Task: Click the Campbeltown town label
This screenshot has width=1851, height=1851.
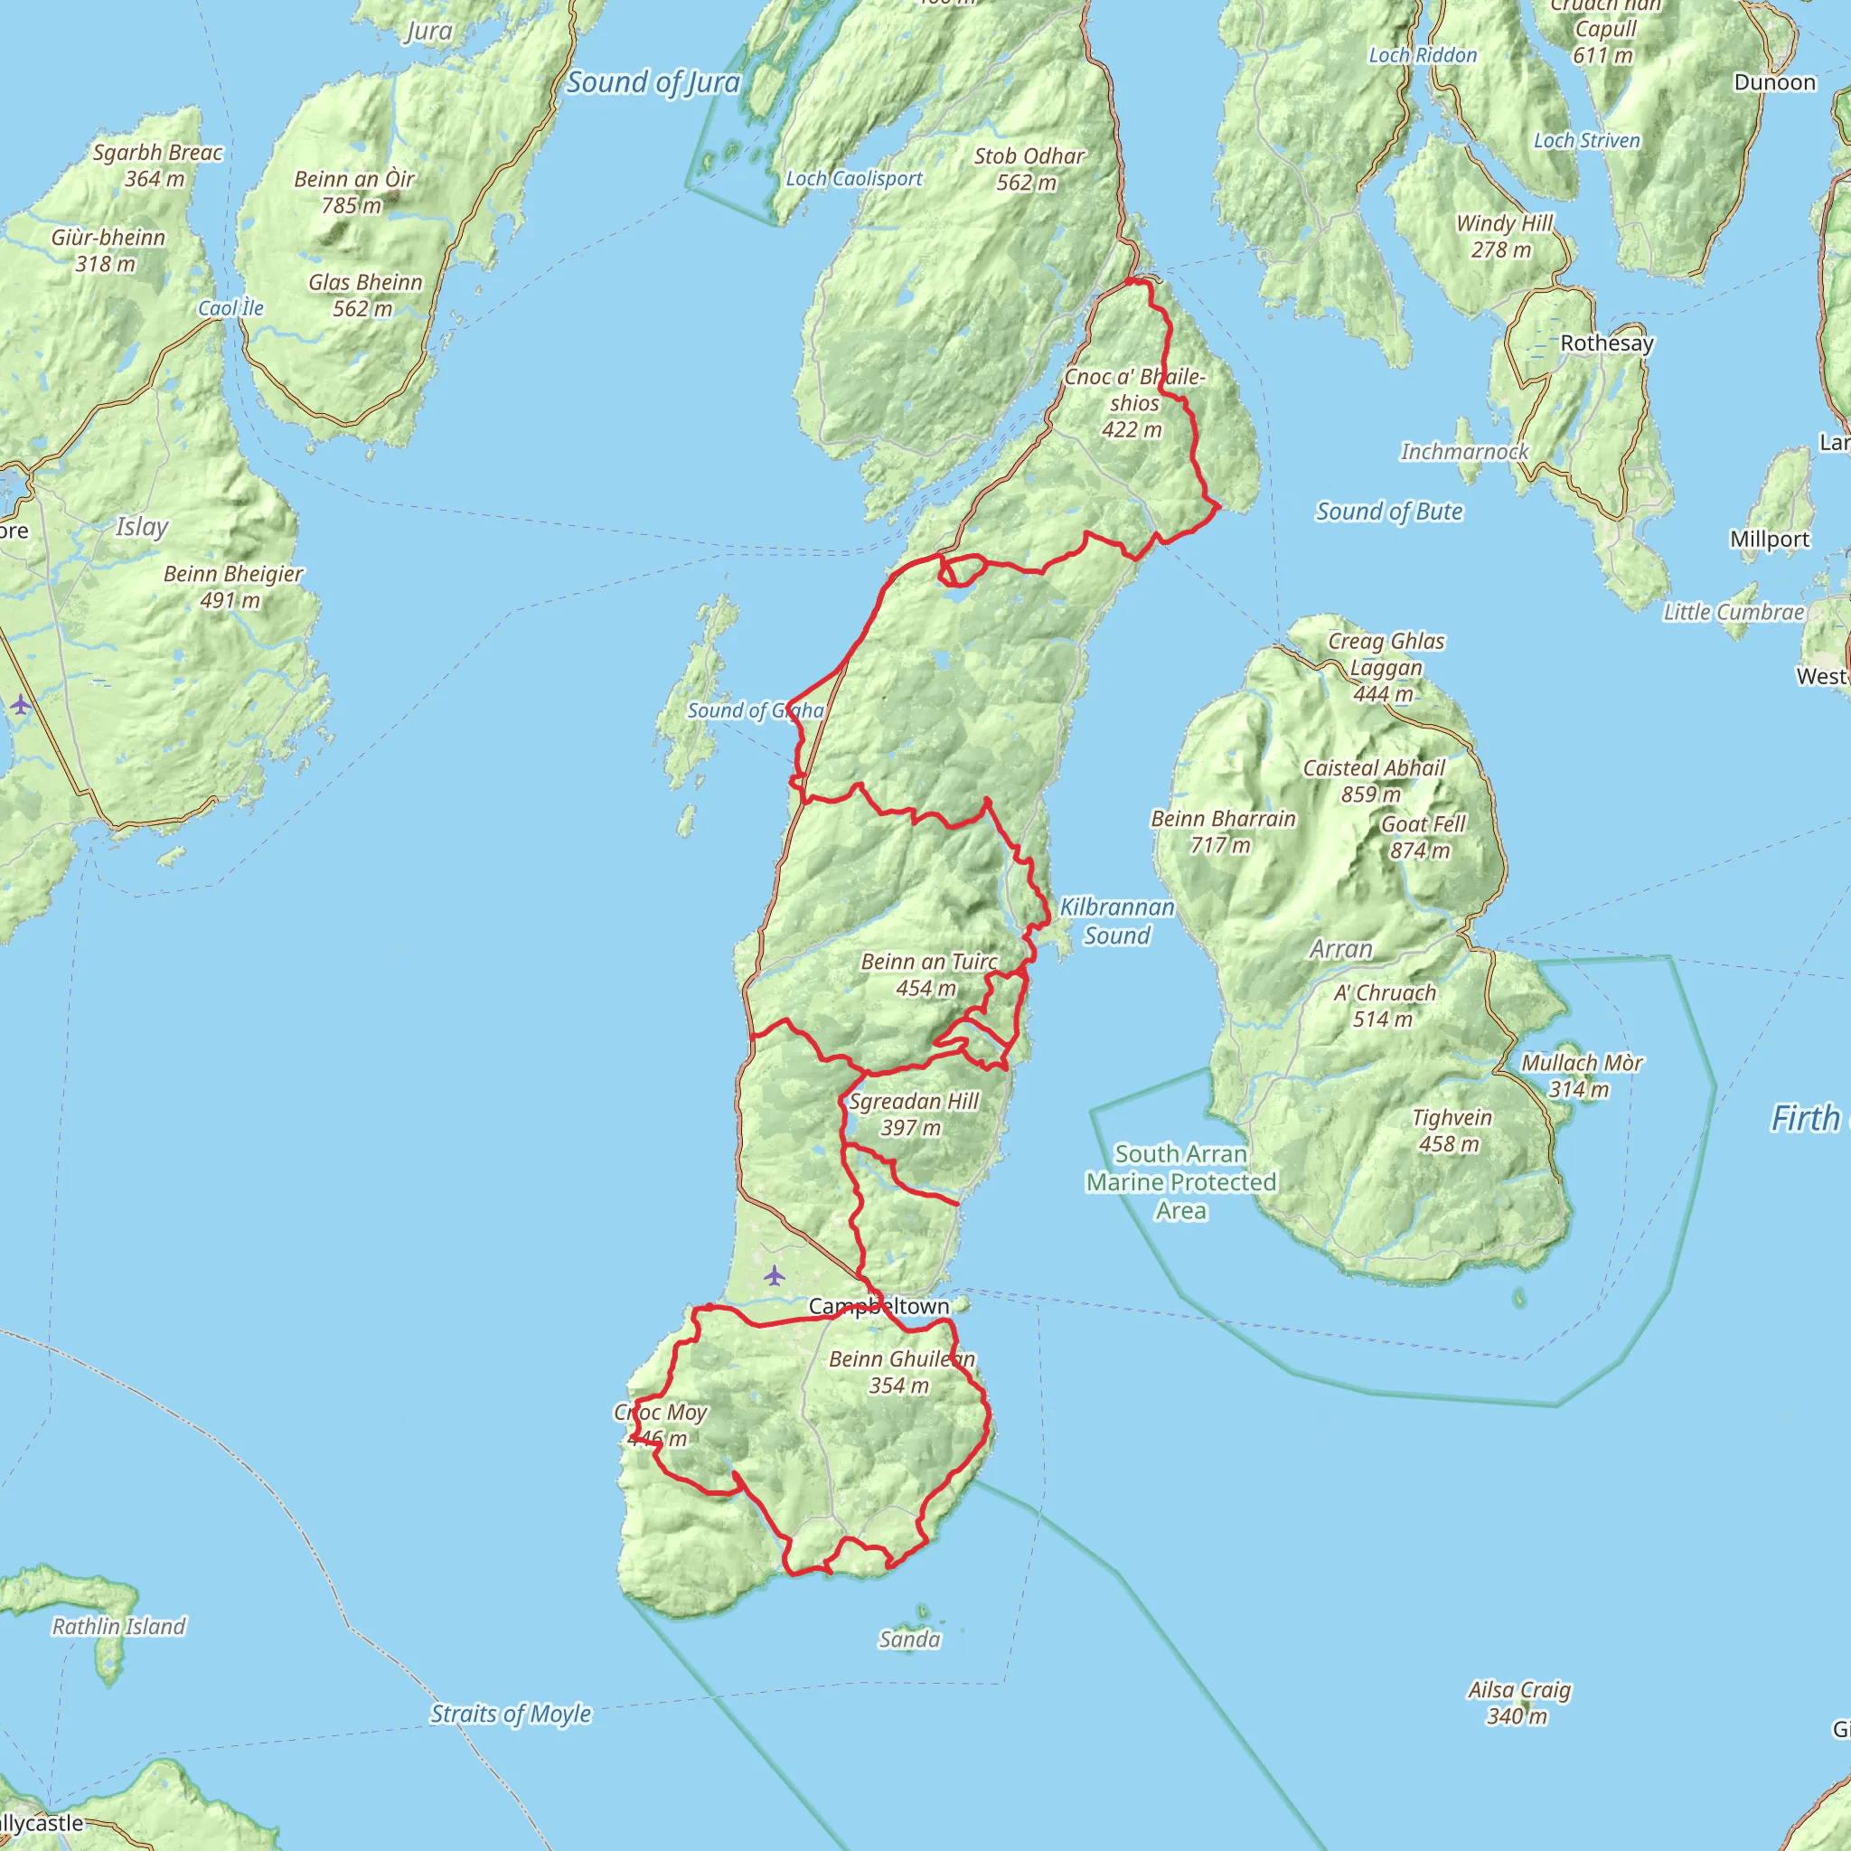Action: pos(879,1306)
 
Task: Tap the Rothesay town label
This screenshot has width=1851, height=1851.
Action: pos(1607,343)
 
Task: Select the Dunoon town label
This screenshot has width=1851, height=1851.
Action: pos(1774,82)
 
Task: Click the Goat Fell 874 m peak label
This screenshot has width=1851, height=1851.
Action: pos(1422,836)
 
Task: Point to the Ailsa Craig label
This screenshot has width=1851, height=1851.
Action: pos(1518,1703)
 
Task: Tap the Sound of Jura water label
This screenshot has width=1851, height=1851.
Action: pos(653,82)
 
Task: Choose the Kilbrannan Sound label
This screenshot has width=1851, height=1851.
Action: pos(1116,921)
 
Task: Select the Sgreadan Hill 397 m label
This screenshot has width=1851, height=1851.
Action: pos(913,1114)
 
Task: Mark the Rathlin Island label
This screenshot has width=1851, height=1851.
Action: pos(118,1626)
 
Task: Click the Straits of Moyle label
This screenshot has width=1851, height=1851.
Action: pos(510,1713)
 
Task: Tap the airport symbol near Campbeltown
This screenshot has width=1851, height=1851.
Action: pos(775,1276)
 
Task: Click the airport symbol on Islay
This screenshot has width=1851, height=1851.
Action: pos(20,706)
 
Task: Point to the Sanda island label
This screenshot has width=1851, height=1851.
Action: pos(909,1640)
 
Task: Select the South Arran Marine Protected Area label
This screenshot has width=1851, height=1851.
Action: pos(1180,1181)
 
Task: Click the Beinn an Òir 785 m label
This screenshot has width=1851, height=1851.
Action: pos(353,192)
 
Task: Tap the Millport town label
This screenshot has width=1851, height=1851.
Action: pos(1769,540)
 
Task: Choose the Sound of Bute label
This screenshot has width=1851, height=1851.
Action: pos(1388,512)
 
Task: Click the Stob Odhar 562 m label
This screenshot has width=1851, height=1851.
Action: pos(1029,169)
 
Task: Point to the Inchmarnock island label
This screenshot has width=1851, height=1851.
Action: pos(1464,451)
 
